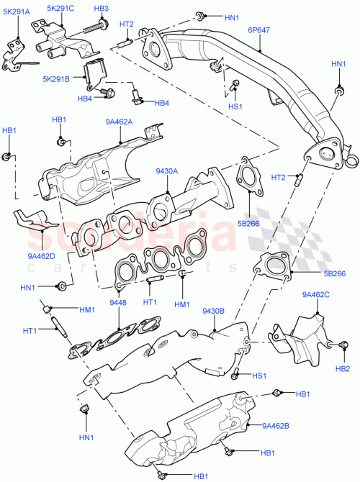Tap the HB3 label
coord(101,9)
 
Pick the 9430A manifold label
coord(168,171)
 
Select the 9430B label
coord(215,311)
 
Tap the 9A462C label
coord(315,294)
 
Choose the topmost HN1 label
coord(232,17)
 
